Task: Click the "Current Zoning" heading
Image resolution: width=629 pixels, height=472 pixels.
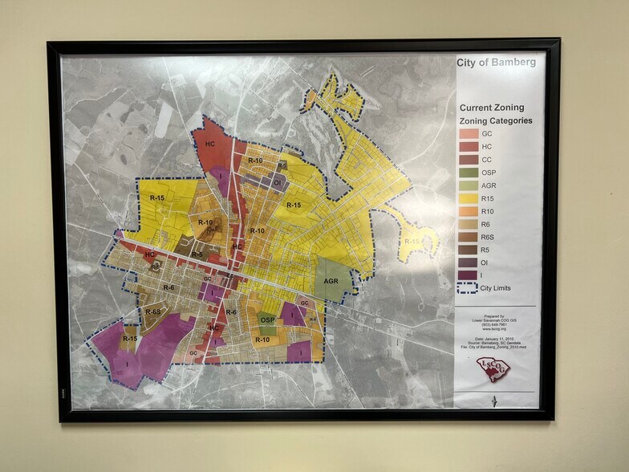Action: (x=491, y=108)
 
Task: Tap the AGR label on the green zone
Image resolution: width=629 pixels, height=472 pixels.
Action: (x=331, y=282)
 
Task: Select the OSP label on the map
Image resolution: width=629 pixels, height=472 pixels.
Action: (x=267, y=319)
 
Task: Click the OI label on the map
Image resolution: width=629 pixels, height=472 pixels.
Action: (x=277, y=183)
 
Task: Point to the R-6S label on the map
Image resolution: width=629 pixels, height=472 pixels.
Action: (x=152, y=311)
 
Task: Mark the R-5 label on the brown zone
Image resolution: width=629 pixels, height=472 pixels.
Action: (x=197, y=254)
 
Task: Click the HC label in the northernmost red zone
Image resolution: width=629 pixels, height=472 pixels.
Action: (x=210, y=144)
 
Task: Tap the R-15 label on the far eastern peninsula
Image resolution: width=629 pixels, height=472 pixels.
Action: (x=412, y=241)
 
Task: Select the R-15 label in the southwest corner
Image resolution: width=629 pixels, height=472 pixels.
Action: (x=129, y=340)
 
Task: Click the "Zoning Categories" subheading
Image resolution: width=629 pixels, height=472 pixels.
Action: (x=495, y=121)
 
